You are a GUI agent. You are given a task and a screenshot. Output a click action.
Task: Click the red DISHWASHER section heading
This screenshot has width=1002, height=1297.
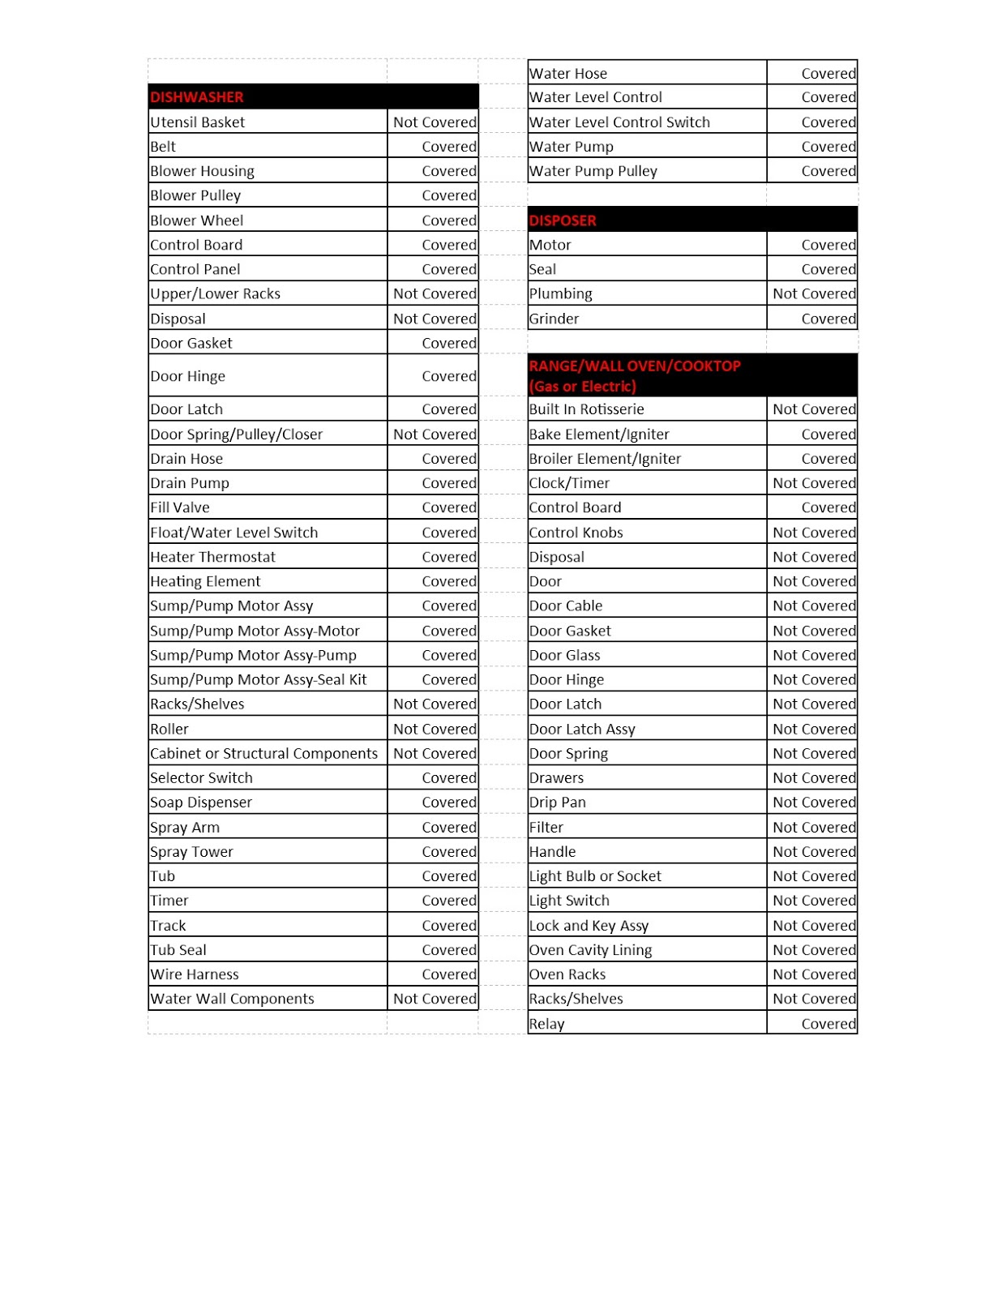tap(197, 97)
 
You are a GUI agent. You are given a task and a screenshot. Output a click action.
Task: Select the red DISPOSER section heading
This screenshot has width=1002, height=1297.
tap(563, 220)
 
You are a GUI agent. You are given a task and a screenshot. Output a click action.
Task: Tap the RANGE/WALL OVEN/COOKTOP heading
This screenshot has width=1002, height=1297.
tap(635, 375)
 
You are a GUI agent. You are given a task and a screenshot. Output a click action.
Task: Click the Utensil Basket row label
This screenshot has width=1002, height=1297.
tap(198, 122)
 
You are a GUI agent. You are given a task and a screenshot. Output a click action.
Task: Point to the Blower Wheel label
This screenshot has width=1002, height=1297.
tap(197, 220)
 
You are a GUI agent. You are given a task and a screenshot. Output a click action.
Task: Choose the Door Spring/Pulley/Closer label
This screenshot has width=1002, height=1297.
tap(237, 434)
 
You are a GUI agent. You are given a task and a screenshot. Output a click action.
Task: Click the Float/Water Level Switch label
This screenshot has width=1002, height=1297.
tap(234, 533)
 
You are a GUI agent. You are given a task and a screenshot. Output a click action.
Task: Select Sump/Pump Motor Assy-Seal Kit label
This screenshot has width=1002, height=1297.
tap(259, 679)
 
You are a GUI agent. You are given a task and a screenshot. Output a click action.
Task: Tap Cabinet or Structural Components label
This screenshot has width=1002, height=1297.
tap(264, 753)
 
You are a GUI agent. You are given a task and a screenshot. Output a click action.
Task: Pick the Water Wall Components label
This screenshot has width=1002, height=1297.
tap(233, 999)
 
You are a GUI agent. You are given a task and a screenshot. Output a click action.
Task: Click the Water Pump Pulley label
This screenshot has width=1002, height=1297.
tap(593, 171)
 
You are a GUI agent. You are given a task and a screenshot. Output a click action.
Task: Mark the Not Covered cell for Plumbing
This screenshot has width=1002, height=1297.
tap(814, 293)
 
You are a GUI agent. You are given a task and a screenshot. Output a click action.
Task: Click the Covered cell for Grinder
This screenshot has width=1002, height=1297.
tap(829, 319)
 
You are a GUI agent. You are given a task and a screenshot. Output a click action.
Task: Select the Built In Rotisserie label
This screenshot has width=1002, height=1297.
tap(587, 409)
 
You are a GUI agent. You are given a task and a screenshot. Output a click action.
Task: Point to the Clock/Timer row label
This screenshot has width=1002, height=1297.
tap(569, 483)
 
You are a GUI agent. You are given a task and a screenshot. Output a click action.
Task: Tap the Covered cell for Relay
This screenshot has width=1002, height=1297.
tap(829, 1024)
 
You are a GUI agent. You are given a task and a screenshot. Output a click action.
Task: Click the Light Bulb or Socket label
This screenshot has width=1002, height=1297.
tap(595, 876)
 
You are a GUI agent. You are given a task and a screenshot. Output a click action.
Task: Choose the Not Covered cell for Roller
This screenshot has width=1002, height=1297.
tap(435, 729)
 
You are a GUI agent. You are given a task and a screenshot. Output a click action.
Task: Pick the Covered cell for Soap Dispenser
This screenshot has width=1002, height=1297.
tap(449, 803)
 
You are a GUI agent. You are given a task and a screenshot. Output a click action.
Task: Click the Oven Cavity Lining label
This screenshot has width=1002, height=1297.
tap(590, 950)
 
